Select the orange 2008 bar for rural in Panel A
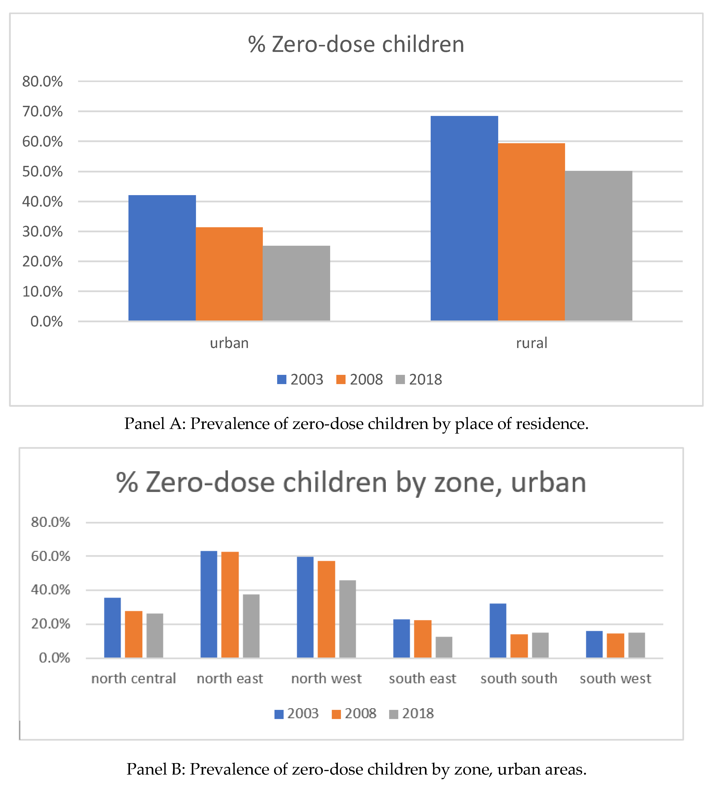(x=531, y=232)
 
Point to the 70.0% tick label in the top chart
(x=42, y=112)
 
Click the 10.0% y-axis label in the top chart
(x=42, y=292)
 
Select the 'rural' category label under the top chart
(x=531, y=343)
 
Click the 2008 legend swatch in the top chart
(x=341, y=379)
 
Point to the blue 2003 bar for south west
(x=594, y=645)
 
